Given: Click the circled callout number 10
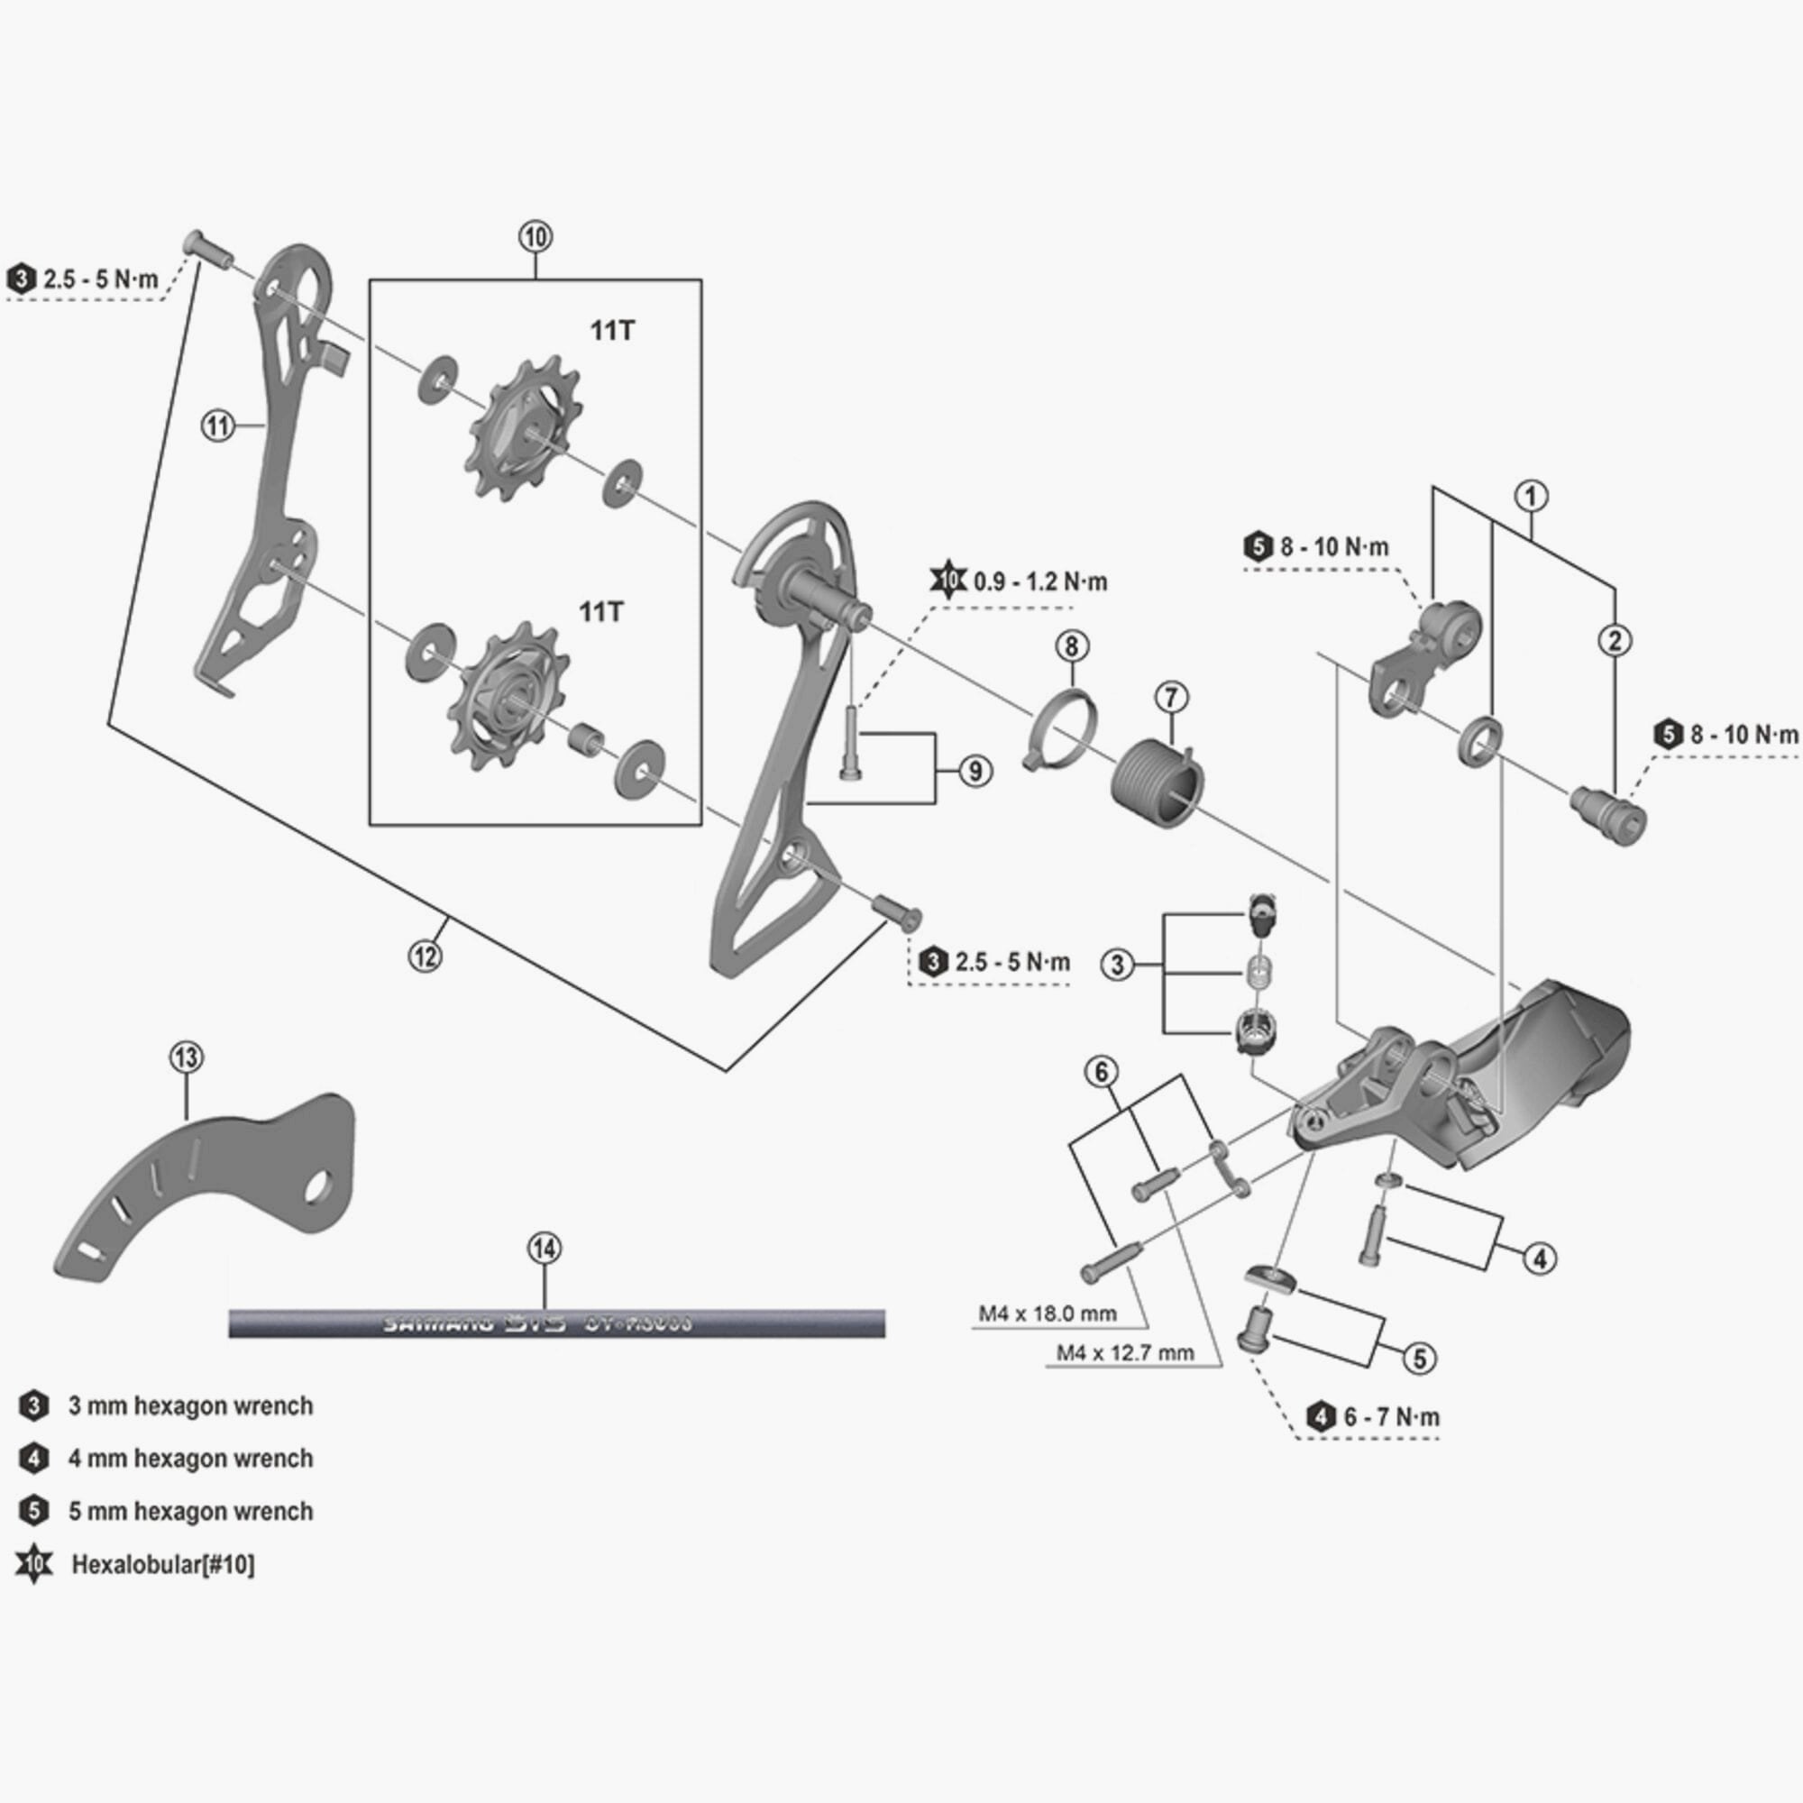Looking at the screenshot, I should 535,237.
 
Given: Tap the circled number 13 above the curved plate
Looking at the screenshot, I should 186,1057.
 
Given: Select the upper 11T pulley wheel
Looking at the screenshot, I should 524,428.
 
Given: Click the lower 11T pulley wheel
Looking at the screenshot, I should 508,696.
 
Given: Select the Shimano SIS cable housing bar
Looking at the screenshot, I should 556,1323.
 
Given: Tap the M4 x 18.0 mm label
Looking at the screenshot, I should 1047,1313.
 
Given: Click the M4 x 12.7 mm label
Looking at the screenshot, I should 1124,1352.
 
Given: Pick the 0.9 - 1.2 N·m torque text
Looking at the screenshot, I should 1039,582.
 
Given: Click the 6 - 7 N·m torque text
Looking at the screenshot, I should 1391,1416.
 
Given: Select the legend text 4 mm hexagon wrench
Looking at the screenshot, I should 190,1459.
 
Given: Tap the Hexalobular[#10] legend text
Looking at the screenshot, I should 162,1564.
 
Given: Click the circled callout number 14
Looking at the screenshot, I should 545,1248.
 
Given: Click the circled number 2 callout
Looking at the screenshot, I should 1615,640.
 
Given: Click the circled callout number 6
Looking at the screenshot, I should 1102,1072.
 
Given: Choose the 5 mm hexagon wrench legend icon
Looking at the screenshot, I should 33,1511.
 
